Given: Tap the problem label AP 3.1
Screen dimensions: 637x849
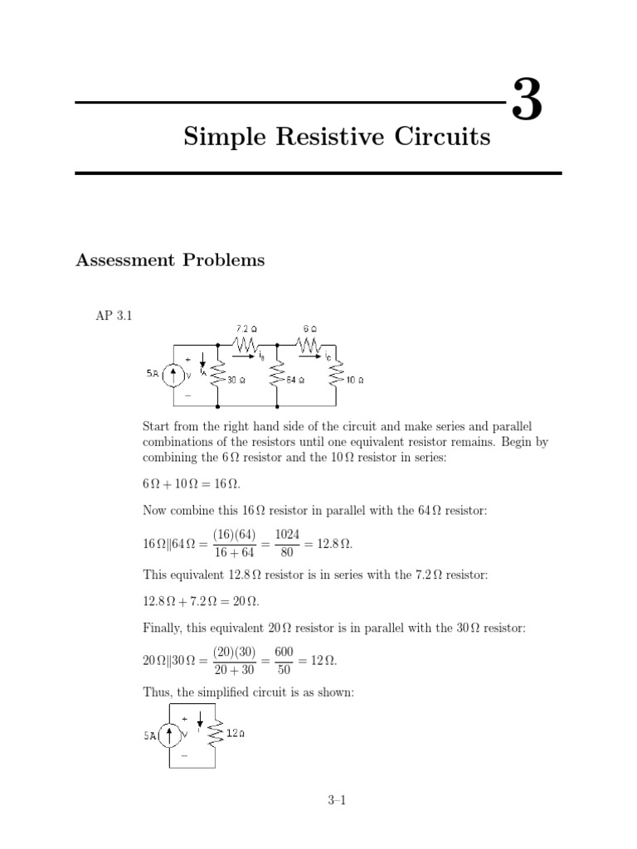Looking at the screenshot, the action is pyautogui.click(x=114, y=316).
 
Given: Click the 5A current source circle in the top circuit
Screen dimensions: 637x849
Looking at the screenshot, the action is pyautogui.click(x=173, y=376).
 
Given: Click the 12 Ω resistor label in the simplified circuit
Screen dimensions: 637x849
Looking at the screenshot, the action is pyautogui.click(x=236, y=732).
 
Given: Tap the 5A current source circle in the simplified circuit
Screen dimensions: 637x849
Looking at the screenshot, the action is pyautogui.click(x=172, y=734).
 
